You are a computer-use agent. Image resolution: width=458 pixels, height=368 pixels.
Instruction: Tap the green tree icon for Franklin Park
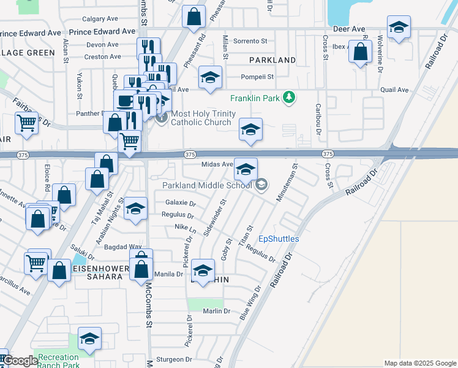(x=292, y=98)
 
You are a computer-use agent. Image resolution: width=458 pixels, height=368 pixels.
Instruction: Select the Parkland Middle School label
(x=208, y=185)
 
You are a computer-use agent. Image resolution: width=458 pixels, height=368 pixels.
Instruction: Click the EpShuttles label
(x=279, y=239)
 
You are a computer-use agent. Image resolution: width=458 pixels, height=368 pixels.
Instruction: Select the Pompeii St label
(x=257, y=77)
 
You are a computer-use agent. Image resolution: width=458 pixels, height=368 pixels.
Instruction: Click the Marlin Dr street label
(x=217, y=311)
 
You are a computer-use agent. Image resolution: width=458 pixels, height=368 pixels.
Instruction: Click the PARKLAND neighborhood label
(x=272, y=60)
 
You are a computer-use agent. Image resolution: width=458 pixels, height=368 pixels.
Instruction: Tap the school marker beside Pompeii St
(x=210, y=78)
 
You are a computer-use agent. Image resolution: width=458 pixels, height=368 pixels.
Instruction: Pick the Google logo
(x=20, y=361)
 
